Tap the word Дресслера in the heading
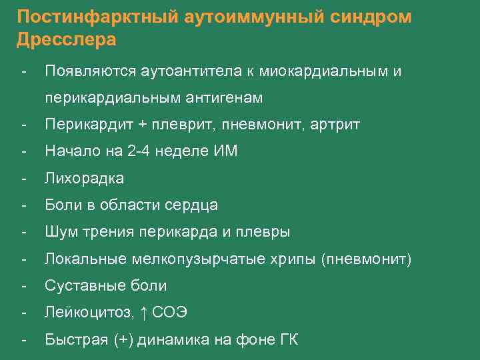[x=67, y=39]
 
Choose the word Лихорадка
[x=84, y=179]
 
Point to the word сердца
[x=193, y=205]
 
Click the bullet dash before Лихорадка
[x=24, y=179]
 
